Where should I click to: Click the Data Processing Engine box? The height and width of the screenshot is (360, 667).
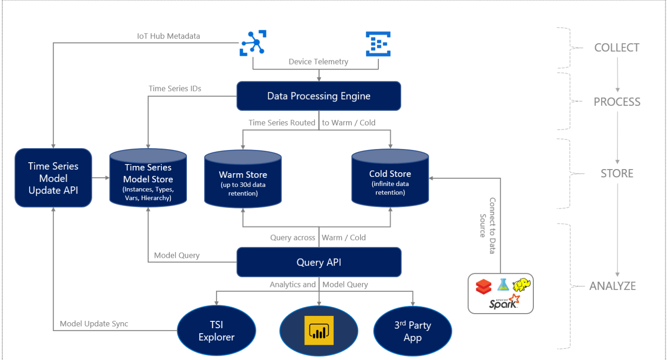pyautogui.click(x=318, y=96)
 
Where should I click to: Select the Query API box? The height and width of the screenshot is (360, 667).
pyautogui.click(x=318, y=262)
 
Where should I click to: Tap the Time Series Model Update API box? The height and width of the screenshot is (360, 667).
pyautogui.click(x=53, y=178)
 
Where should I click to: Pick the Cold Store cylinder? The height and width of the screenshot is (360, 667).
pyautogui.click(x=390, y=182)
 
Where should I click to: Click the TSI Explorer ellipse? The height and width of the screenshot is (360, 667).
pyautogui.click(x=216, y=331)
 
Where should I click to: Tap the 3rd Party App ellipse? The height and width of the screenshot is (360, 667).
pyautogui.click(x=412, y=331)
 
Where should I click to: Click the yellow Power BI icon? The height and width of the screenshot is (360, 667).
pyautogui.click(x=318, y=330)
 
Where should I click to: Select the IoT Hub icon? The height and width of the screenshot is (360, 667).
pyautogui.click(x=253, y=43)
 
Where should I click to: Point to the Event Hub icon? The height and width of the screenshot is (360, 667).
pyautogui.click(x=378, y=43)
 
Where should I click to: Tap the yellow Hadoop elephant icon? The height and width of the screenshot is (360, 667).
pyautogui.click(x=522, y=285)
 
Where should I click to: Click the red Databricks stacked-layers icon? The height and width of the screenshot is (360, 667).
pyautogui.click(x=484, y=286)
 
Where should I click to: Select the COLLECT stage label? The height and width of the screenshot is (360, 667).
pyautogui.click(x=617, y=48)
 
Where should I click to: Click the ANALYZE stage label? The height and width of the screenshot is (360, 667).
pyautogui.click(x=612, y=286)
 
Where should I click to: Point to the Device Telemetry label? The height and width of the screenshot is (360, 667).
pyautogui.click(x=318, y=62)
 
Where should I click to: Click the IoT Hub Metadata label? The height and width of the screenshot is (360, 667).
pyautogui.click(x=168, y=36)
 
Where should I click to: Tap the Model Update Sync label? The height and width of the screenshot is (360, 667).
pyautogui.click(x=94, y=324)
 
